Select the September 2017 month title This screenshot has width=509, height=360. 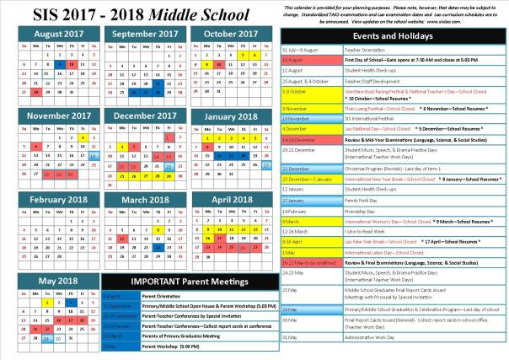[x=137, y=34]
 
